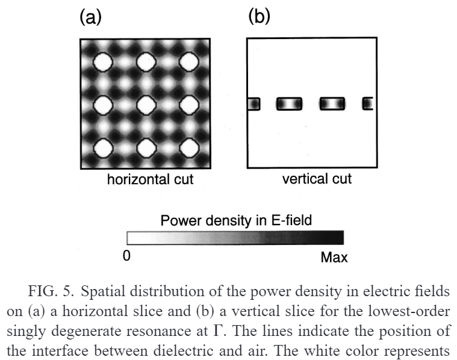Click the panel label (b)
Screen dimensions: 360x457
tap(260, 17)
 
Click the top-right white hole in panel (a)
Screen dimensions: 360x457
tap(188, 61)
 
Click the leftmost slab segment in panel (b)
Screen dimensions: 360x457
tap(253, 104)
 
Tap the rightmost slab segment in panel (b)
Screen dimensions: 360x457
tap(367, 104)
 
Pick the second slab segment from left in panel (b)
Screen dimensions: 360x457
tap(288, 104)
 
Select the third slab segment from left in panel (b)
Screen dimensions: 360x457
tap(332, 104)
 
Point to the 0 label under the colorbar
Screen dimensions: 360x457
tap(126, 256)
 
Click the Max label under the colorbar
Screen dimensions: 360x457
tap(334, 258)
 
